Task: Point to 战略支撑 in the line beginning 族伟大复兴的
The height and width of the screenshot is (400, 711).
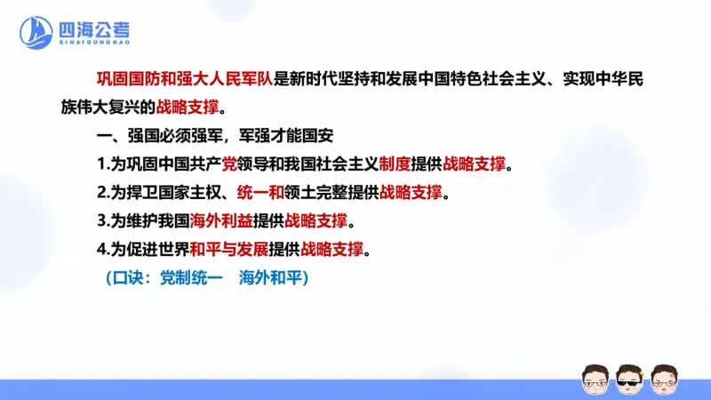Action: click(186, 108)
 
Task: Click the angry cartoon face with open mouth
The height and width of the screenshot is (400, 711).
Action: click(664, 380)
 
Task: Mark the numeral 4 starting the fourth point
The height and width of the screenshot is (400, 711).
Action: click(101, 249)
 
